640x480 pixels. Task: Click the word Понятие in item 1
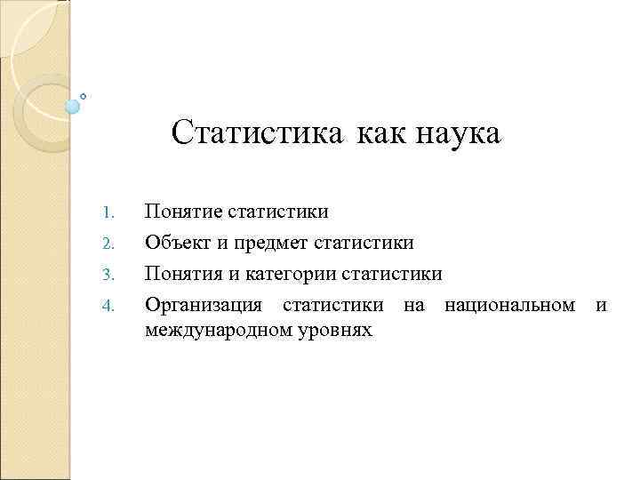[x=183, y=212]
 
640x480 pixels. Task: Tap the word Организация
[x=204, y=306]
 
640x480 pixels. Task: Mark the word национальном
[x=509, y=306]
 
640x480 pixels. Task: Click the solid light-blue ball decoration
[x=73, y=107]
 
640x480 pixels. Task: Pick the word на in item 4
[x=413, y=306]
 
